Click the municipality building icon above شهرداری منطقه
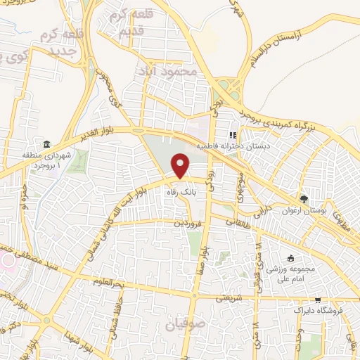(47, 145)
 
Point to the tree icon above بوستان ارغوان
(304, 199)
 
